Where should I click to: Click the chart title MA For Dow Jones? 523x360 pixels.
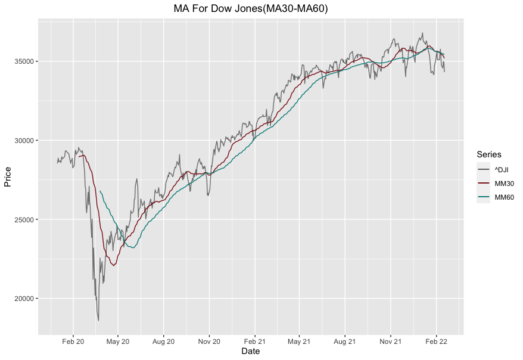pos(251,9)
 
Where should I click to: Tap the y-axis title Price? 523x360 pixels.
pos(8,176)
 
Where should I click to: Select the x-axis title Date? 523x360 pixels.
pos(250,352)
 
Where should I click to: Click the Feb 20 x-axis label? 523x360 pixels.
pos(73,342)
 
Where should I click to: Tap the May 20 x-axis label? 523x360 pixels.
pos(118,342)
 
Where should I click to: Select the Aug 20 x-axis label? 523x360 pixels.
pos(163,342)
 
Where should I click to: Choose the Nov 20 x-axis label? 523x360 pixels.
pos(209,342)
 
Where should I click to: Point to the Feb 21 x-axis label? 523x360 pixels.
pos(254,342)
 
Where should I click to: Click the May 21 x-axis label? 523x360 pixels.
pos(299,342)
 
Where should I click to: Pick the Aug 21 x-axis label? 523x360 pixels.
pos(344,342)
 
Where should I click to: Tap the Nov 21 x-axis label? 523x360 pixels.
pos(390,342)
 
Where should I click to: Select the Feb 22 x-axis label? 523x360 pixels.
pos(435,342)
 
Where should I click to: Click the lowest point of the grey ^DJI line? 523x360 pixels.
pos(98,321)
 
